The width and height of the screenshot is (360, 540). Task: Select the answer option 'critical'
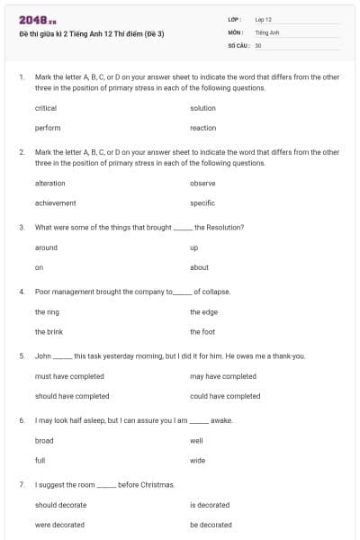coord(46,108)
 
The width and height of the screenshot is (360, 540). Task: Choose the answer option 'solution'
coord(202,108)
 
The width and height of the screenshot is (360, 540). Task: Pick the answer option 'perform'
coord(48,128)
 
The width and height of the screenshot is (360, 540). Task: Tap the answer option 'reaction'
coord(202,128)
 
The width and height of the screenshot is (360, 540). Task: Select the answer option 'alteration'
coord(49,183)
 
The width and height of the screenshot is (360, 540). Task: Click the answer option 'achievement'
coord(55,202)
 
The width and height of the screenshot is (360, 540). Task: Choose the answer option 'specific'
coord(202,202)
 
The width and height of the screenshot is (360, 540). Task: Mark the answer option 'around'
coord(46,247)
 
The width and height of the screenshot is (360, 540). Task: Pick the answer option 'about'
coord(199,267)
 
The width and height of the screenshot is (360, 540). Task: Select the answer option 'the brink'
coord(49,332)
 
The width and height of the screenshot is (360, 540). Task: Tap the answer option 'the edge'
coord(203,312)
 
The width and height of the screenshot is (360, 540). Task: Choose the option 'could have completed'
coord(225,396)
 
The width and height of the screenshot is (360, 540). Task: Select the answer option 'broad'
coord(44,441)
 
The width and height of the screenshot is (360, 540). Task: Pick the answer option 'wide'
coord(197,461)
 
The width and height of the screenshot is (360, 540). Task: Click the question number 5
coord(21,356)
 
